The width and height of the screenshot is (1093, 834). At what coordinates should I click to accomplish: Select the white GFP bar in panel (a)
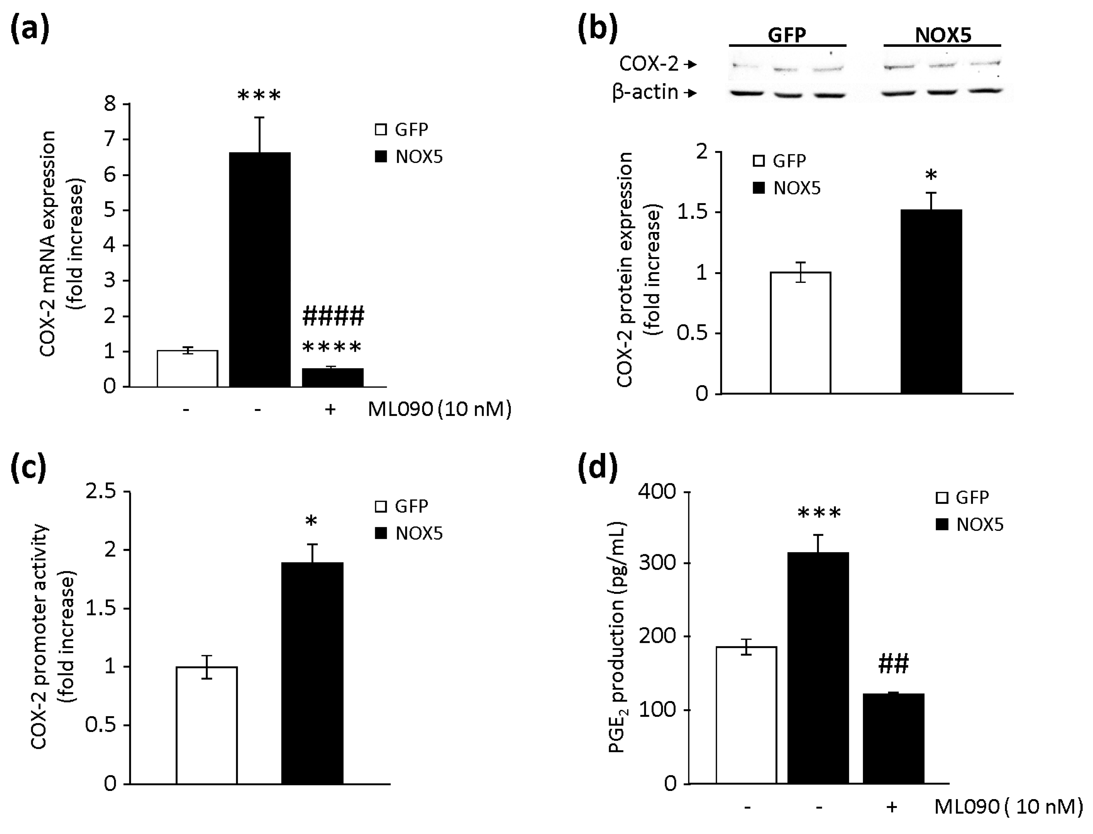[x=187, y=368]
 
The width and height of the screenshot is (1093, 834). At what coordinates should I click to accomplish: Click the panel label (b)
[x=597, y=29]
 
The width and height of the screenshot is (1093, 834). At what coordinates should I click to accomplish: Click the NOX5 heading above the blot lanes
[x=942, y=35]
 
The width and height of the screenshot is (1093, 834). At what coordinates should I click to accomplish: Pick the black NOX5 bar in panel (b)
[x=931, y=301]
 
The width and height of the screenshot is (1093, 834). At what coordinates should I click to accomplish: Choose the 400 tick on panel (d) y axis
[x=657, y=491]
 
